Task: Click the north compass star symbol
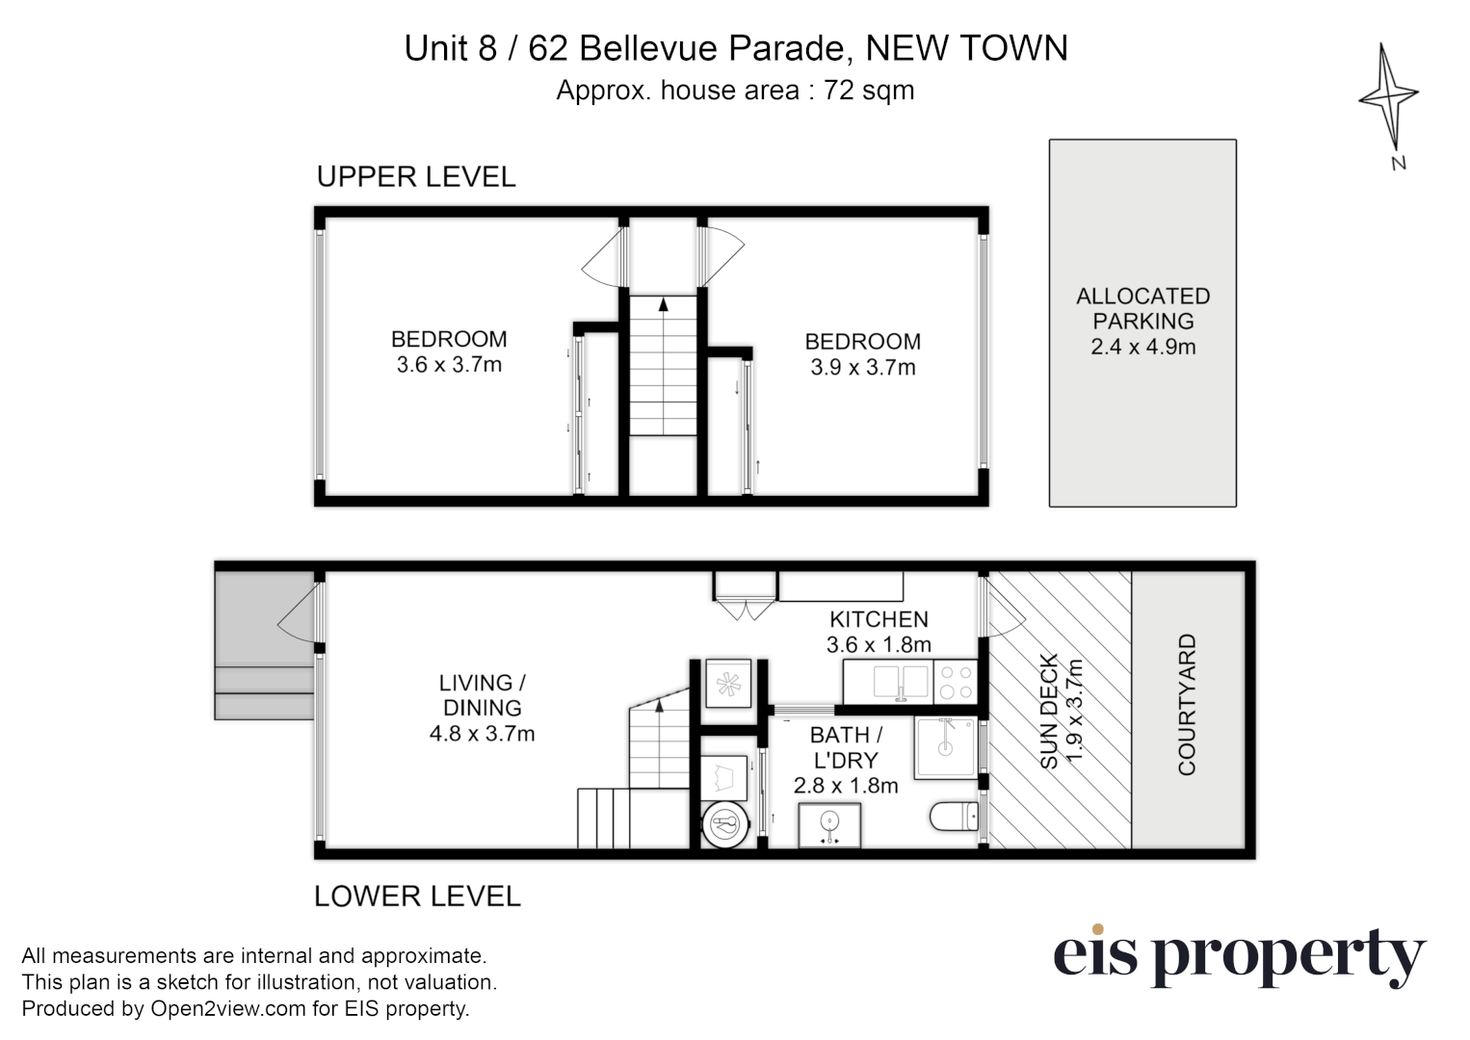[x=1388, y=96]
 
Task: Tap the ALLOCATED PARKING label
[x=1142, y=308]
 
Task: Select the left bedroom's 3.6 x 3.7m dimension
[x=449, y=365]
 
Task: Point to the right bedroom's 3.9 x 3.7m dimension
[x=863, y=367]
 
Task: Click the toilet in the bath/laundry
[x=954, y=819]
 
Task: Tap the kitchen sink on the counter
[x=901, y=682]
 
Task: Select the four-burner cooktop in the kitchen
[x=956, y=682]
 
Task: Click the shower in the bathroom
[x=946, y=747]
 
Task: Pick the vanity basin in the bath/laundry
[x=828, y=825]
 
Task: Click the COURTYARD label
[x=1187, y=704]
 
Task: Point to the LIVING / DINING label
[x=482, y=694]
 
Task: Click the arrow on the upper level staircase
[x=663, y=305]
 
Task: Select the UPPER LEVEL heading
[x=416, y=177]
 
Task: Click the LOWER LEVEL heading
[x=417, y=897]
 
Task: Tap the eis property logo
[x=1239, y=955]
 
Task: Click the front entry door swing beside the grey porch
[x=299, y=616]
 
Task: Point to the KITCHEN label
[x=879, y=619]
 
